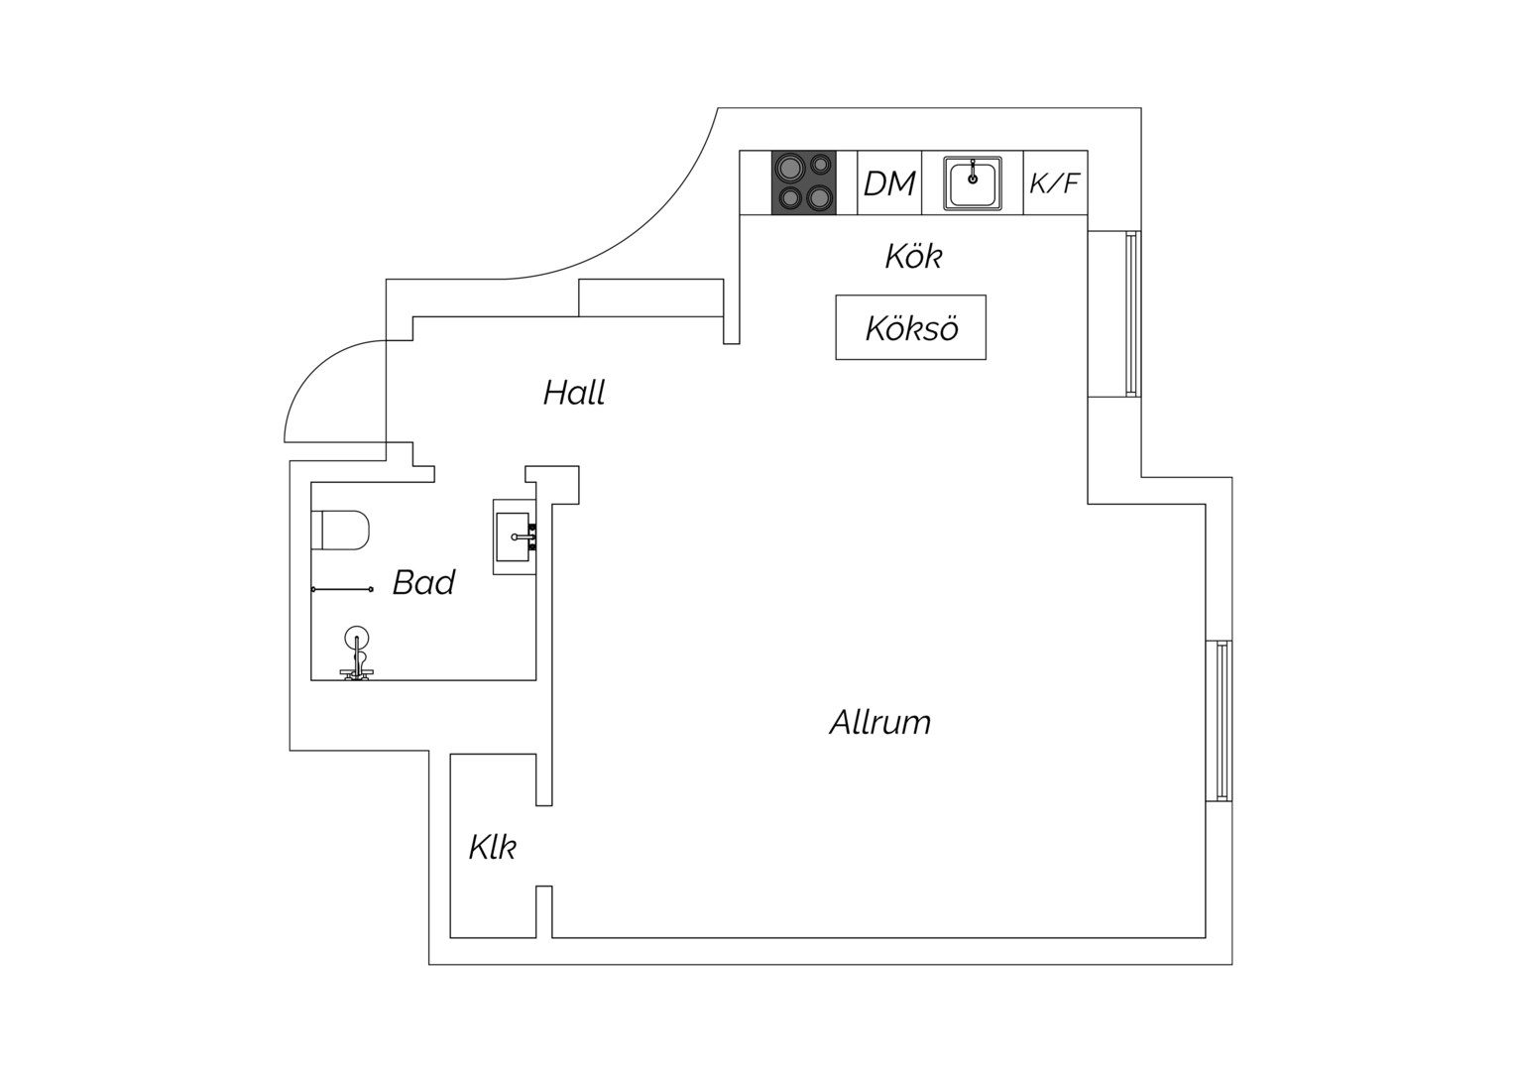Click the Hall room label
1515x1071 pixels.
pyautogui.click(x=574, y=393)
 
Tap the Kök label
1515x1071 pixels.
pyautogui.click(x=913, y=257)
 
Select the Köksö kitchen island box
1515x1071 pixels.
pyautogui.click(x=910, y=327)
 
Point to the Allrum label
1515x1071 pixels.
pyautogui.click(x=879, y=723)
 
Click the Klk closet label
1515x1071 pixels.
pyautogui.click(x=493, y=847)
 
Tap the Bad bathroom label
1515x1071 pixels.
pyautogui.click(x=424, y=582)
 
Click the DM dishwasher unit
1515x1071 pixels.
pyautogui.click(x=889, y=182)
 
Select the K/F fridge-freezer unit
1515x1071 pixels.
pyautogui.click(x=1055, y=182)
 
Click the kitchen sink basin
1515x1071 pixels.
pyautogui.click(x=973, y=183)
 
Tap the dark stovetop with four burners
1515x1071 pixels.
pyautogui.click(x=804, y=182)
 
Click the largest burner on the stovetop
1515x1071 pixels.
pyautogui.click(x=788, y=168)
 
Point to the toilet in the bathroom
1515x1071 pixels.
pyautogui.click(x=340, y=531)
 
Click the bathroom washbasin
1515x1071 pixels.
pyautogui.click(x=515, y=537)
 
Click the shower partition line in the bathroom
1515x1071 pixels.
pyautogui.click(x=341, y=589)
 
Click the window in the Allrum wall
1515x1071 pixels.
pyautogui.click(x=1222, y=721)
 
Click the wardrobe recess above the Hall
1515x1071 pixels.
pyautogui.click(x=650, y=297)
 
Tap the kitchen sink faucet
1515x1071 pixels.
pyautogui.click(x=973, y=172)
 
